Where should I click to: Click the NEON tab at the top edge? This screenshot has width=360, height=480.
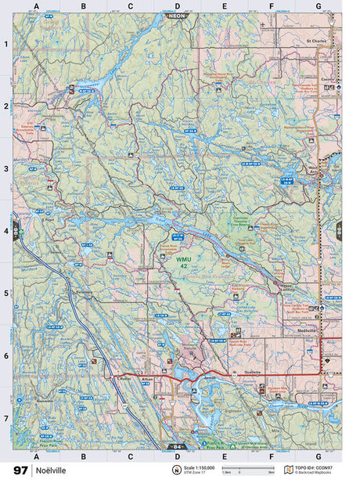(176, 16)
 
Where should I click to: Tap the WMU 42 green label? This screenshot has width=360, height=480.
(182, 262)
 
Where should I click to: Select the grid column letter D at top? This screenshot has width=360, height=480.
(177, 7)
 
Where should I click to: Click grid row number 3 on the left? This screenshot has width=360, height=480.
(5, 168)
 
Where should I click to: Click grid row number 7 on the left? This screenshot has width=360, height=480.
(5, 419)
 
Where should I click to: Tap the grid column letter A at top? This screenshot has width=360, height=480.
(36, 7)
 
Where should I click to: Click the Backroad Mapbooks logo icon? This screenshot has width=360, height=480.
(289, 470)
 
